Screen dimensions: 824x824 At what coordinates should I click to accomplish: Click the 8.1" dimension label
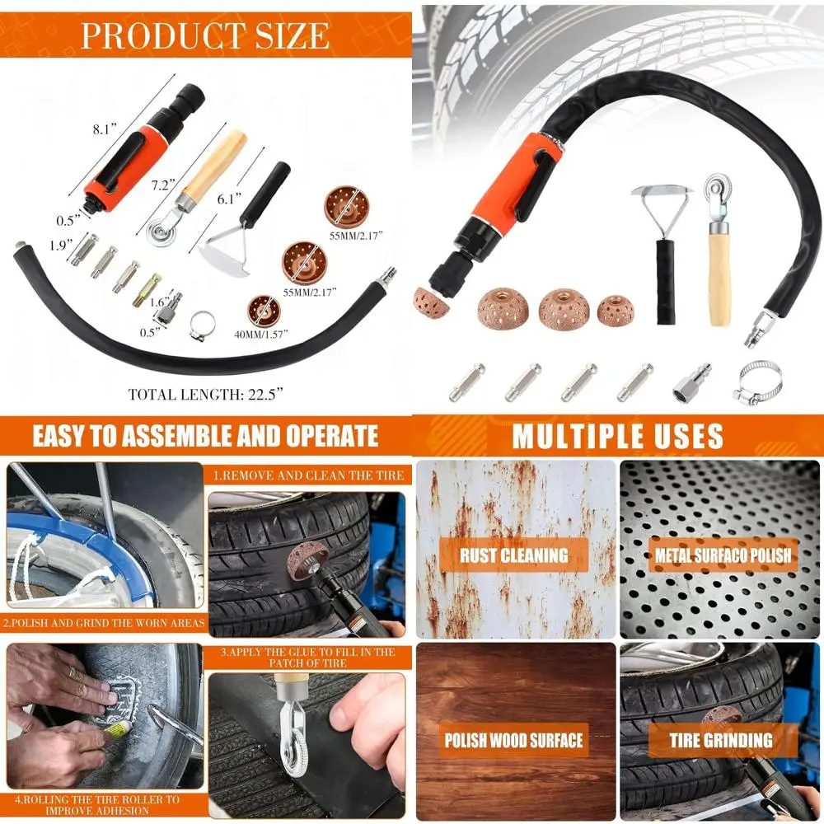[x=106, y=129]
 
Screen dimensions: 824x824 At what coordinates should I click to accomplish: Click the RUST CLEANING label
[x=514, y=555]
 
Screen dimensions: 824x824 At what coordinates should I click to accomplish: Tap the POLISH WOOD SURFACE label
[x=514, y=740]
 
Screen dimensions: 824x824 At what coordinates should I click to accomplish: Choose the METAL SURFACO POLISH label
[x=723, y=555]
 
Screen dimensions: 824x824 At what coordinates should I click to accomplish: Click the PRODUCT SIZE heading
[x=205, y=35]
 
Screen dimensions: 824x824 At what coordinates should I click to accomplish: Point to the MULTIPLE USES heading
[x=617, y=436]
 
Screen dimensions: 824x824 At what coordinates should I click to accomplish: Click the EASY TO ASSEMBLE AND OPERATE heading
[x=205, y=435]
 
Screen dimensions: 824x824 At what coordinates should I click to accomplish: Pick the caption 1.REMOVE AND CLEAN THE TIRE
[x=309, y=475]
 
